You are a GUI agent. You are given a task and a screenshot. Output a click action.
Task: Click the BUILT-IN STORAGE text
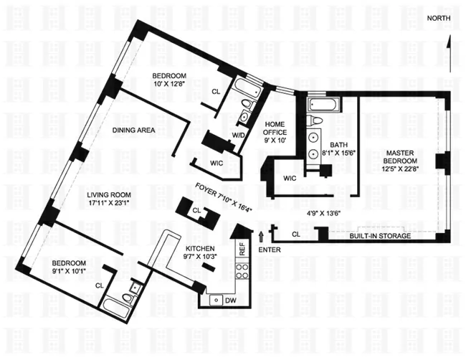380,236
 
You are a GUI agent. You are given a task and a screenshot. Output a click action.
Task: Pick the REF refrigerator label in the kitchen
242,250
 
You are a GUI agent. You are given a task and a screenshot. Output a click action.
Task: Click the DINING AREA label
134,130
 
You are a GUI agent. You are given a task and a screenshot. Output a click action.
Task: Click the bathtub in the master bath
325,106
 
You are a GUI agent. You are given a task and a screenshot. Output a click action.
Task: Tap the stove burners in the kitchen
242,272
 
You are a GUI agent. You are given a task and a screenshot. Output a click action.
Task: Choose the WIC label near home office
290,178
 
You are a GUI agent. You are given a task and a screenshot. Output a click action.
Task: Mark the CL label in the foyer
196,210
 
